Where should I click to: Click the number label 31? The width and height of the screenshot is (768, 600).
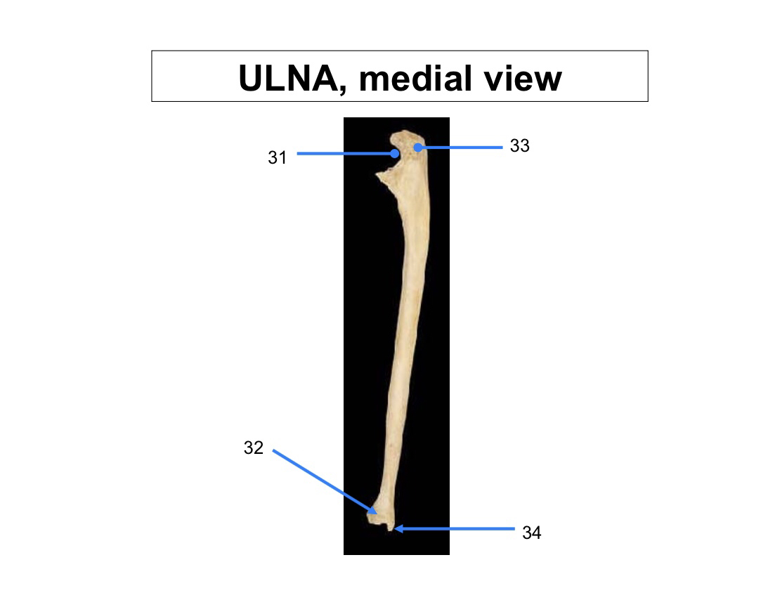tap(278, 157)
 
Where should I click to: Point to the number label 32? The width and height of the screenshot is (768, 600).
tap(253, 447)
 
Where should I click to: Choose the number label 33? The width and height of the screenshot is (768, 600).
tap(520, 145)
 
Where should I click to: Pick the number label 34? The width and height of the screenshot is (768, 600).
tap(531, 533)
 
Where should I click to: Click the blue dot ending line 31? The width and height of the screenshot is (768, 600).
tap(395, 154)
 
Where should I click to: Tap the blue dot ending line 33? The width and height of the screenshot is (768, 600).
tap(418, 147)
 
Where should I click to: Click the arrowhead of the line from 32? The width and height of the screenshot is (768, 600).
tap(373, 511)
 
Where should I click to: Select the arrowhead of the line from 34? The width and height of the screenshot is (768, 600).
tap(398, 528)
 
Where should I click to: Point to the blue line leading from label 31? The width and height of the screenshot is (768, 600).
tap(346, 154)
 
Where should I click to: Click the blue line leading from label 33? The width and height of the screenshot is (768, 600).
tap(460, 147)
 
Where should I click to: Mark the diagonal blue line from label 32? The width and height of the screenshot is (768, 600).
tap(323, 481)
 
